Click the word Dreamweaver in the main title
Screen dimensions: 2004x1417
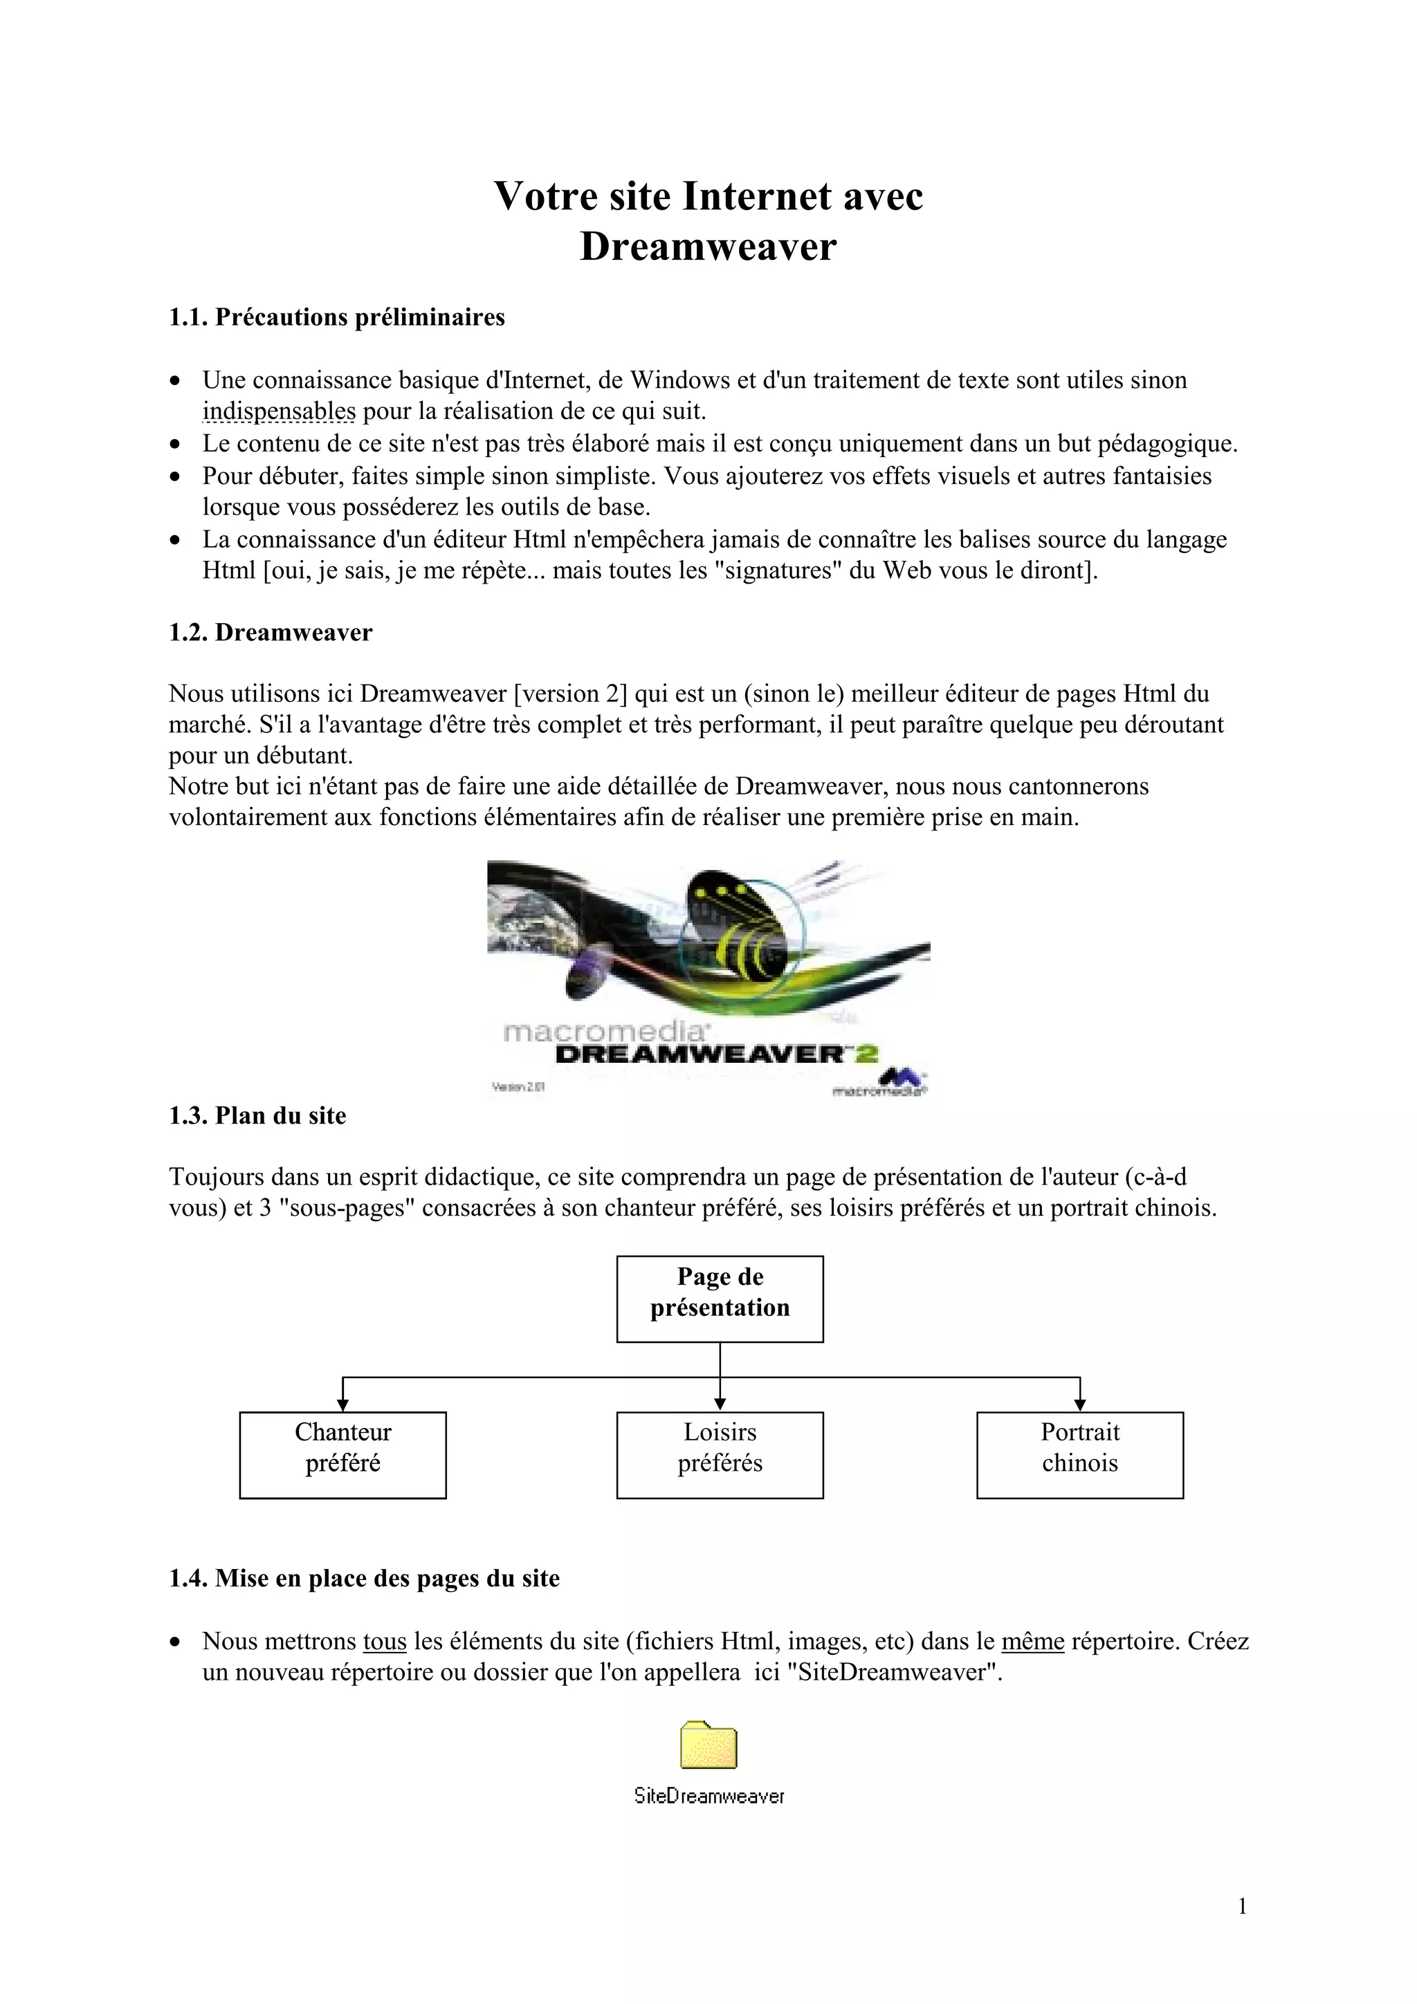[708, 247]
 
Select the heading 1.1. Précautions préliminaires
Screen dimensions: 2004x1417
[336, 317]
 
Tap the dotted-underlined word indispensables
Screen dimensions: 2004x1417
[279, 411]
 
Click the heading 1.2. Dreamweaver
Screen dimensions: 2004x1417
[270, 633]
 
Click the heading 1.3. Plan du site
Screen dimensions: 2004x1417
[257, 1115]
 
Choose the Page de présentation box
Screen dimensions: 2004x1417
[720, 1299]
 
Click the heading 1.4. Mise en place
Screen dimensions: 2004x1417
[363, 1578]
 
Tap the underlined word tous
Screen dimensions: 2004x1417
[384, 1642]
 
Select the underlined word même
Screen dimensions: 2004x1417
[1032, 1642]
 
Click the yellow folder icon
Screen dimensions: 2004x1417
[708, 1745]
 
